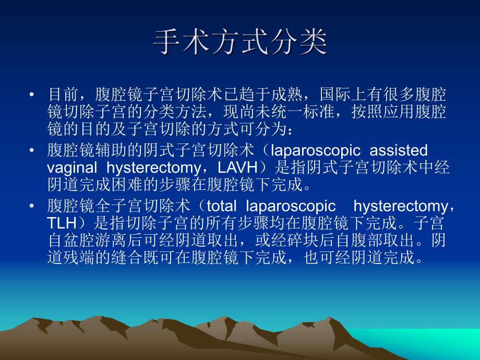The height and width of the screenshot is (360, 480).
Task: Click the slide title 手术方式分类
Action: (240, 42)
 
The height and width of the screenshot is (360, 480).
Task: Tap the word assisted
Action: (399, 151)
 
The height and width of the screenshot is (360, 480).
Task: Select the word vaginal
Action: (72, 167)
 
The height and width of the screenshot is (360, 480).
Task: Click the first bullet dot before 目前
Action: (32, 95)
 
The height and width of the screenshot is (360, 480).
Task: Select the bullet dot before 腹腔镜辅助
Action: (32, 151)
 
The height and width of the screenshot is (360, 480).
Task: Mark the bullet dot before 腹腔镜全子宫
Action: (32, 207)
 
